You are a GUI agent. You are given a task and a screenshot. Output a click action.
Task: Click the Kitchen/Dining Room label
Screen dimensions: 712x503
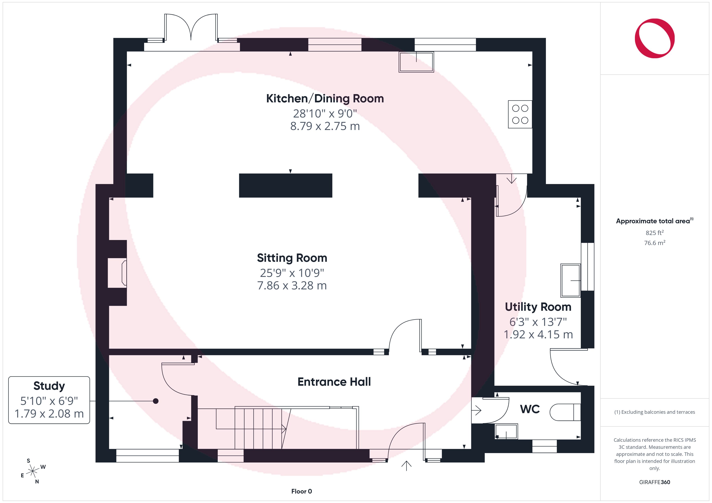[x=325, y=99]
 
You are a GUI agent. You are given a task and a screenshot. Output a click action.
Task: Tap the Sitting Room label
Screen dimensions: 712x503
[x=292, y=258]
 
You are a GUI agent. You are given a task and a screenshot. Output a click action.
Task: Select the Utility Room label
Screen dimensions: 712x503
[x=538, y=307]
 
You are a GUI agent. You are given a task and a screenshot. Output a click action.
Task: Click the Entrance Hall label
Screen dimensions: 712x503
[x=334, y=382]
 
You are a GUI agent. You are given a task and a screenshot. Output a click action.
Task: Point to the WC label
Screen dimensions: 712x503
[x=530, y=409]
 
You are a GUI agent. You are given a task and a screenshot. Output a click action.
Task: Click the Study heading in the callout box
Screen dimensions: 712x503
[x=49, y=386]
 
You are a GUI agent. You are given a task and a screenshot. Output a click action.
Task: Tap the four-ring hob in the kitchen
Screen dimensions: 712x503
[x=520, y=114]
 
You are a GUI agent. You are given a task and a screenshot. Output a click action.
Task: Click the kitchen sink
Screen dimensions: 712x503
[x=416, y=62]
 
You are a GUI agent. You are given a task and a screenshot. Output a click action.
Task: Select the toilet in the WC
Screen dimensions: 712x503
[x=565, y=412]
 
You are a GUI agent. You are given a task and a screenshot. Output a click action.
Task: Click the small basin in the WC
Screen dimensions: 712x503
[x=506, y=431]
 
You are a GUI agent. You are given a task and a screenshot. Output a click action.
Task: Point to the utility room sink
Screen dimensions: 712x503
[x=571, y=281]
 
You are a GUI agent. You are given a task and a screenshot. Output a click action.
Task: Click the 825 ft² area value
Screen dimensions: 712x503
[x=655, y=233]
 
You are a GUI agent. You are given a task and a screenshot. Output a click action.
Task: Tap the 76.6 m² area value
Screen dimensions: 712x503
[x=655, y=243]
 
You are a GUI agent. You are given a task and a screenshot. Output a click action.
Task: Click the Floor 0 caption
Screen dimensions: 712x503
[x=302, y=491]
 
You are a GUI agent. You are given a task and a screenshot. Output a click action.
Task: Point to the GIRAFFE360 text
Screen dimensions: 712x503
[x=655, y=482]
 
